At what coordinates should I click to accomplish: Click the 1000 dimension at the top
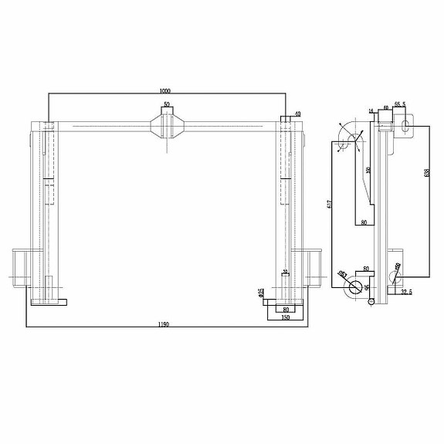(x=164, y=90)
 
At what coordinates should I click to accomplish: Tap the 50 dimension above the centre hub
(x=167, y=103)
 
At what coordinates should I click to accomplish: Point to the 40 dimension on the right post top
(x=297, y=114)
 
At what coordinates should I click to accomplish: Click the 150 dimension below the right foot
(x=285, y=317)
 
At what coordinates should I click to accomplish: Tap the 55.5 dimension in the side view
(x=400, y=103)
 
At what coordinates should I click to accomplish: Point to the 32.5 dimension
(x=406, y=292)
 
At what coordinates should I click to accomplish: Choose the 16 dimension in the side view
(x=371, y=112)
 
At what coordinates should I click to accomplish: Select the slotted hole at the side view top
(x=404, y=125)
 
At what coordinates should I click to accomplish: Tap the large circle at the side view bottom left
(x=354, y=287)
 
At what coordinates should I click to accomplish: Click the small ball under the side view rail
(x=371, y=302)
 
